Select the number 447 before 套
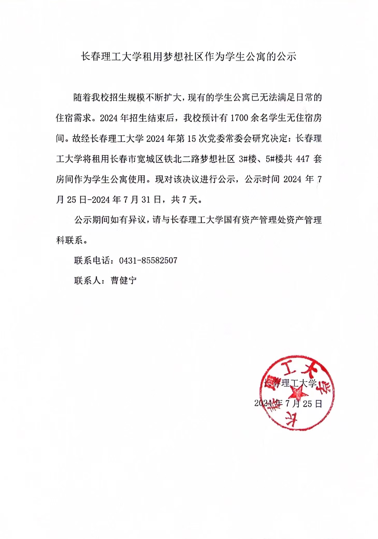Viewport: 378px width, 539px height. click(x=303, y=159)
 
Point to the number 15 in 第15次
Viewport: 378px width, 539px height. click(x=192, y=139)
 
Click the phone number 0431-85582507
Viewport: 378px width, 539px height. click(x=148, y=260)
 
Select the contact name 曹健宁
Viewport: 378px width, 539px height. click(x=123, y=280)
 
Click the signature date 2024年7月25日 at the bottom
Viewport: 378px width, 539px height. click(x=288, y=403)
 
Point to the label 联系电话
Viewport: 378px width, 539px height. click(x=92, y=260)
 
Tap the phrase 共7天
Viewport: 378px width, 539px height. click(x=185, y=199)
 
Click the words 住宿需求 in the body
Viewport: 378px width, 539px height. click(x=74, y=118)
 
